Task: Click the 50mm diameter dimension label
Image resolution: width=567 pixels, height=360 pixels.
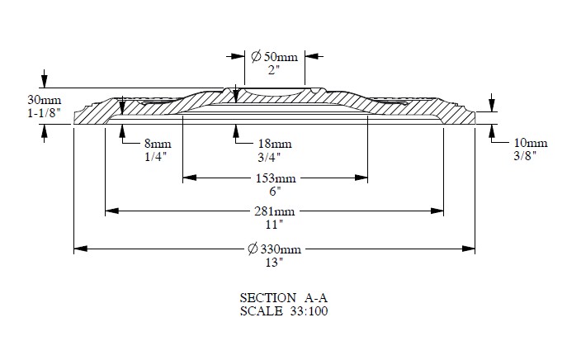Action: tap(275, 56)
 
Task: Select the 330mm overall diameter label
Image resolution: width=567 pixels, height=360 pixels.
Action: tap(275, 249)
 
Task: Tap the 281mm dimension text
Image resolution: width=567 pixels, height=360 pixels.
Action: tap(275, 211)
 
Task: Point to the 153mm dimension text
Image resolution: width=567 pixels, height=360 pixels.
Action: tap(276, 178)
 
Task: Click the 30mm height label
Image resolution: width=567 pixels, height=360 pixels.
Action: tap(44, 100)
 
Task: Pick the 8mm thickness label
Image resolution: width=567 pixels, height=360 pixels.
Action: tap(158, 144)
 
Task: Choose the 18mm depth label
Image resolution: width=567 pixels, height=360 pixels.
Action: tap(275, 144)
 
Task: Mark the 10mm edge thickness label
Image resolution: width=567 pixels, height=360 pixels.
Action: tap(531, 143)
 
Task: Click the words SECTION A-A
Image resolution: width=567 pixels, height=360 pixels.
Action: tap(284, 298)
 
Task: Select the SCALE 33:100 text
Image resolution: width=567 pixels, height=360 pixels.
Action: tap(284, 311)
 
